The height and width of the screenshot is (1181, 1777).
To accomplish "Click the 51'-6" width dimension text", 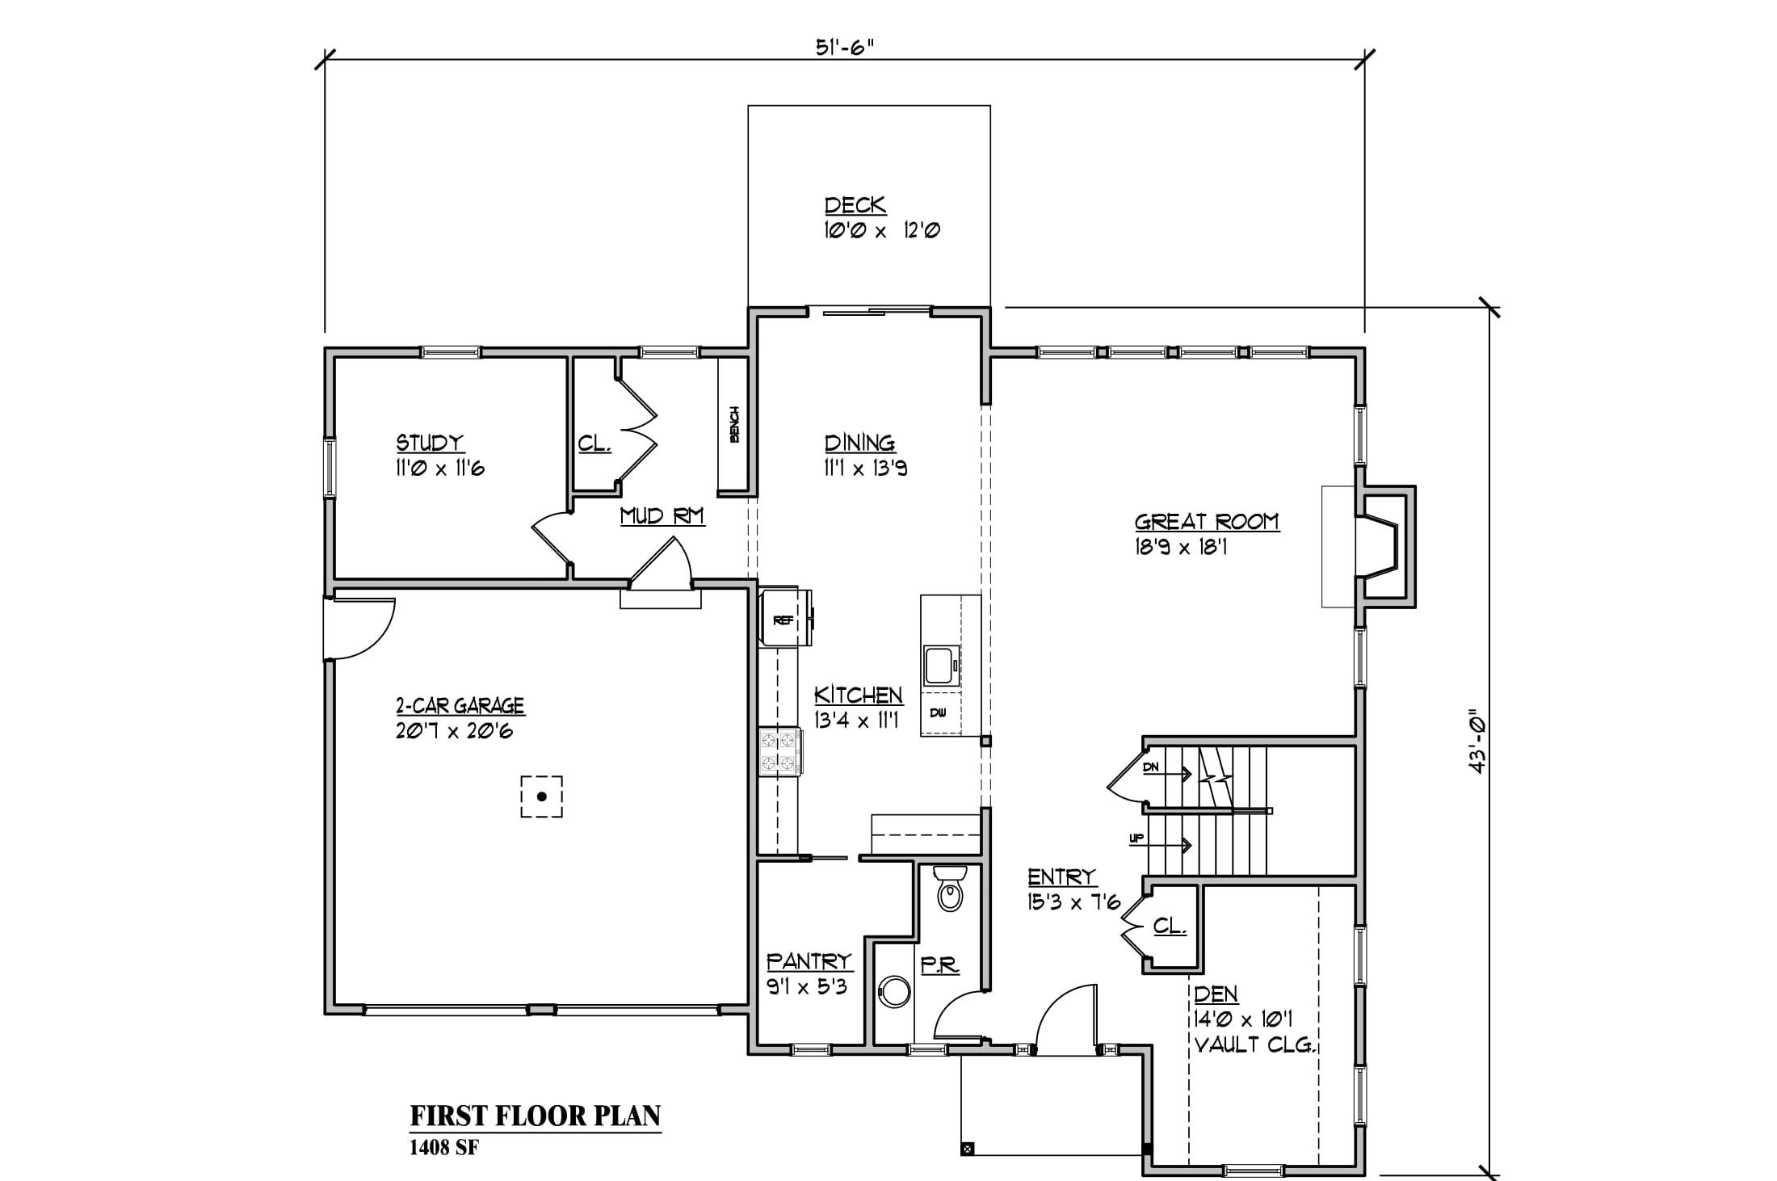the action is coord(845,47).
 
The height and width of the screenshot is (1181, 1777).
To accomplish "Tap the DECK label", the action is coord(855,205).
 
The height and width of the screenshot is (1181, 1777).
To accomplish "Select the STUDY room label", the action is coord(430,443).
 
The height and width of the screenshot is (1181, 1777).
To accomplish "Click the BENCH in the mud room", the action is coord(734,424).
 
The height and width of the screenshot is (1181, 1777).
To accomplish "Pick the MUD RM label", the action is coord(662,515).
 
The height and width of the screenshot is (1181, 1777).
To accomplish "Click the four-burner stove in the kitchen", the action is coord(780,752).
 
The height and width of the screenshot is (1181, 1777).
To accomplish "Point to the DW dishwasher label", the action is coord(938,712).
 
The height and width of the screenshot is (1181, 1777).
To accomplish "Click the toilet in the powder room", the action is coord(950,889).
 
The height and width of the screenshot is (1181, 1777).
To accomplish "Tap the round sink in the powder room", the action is coord(894,992).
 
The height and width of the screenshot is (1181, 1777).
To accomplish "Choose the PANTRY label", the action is coord(809,961).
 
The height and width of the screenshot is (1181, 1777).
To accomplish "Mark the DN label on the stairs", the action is coord(1151,767).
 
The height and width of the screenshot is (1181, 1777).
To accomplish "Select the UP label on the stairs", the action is coord(1136,838).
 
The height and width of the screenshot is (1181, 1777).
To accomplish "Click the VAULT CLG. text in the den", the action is coord(1256,1045).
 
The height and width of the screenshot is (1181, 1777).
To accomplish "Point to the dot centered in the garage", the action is coord(542,796).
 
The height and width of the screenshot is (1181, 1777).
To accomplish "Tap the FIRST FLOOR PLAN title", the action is coord(536,1116).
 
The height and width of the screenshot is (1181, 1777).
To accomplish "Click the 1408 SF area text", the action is coord(444,1148).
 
